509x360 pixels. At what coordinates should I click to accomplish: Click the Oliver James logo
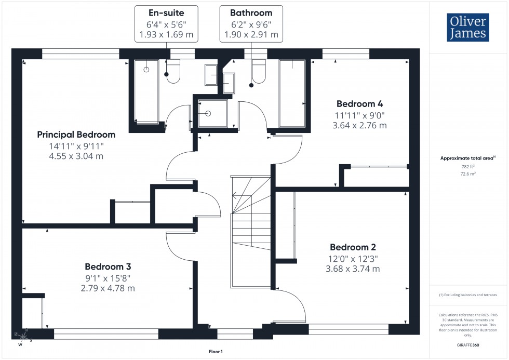(468, 28)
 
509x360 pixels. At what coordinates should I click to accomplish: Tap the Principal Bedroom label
(76, 135)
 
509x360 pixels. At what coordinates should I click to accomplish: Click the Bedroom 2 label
(353, 247)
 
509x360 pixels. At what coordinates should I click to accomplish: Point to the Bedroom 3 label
(108, 266)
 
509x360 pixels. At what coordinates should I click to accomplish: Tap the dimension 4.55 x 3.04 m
(76, 156)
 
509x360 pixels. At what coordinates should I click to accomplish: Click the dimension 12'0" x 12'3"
(353, 258)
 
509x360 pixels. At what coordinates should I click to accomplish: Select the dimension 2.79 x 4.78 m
(108, 288)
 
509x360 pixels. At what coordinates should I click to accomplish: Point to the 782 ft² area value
(468, 167)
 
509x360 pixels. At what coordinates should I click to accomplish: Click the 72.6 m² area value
(468, 175)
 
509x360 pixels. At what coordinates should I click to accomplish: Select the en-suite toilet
(172, 72)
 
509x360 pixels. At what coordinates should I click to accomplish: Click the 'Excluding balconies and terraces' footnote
(468, 295)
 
